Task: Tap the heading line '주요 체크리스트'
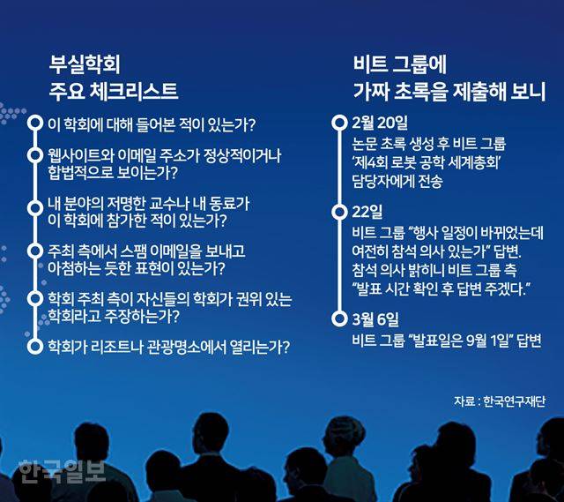tap(115, 91)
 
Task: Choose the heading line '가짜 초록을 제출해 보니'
tap(447, 91)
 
